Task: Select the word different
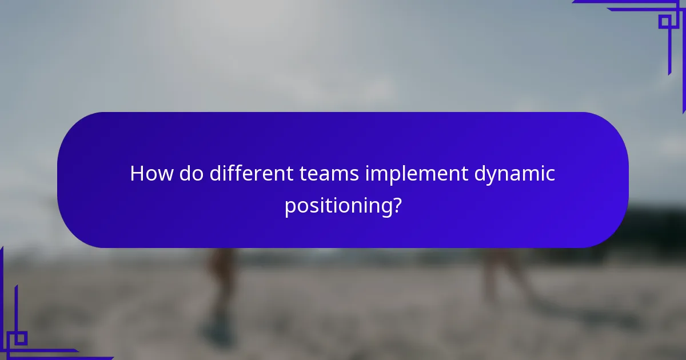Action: pyautogui.click(x=251, y=174)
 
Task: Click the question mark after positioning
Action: pyautogui.click(x=396, y=205)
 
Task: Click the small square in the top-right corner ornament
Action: pyautogui.click(x=664, y=22)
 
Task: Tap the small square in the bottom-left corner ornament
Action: pyautogui.click(x=20, y=338)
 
